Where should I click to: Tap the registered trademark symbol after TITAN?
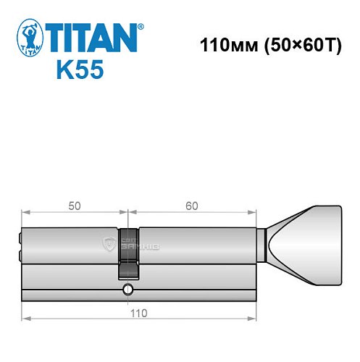point(141,26)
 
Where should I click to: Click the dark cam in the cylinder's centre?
point(127,264)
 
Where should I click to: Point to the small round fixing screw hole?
point(127,290)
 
